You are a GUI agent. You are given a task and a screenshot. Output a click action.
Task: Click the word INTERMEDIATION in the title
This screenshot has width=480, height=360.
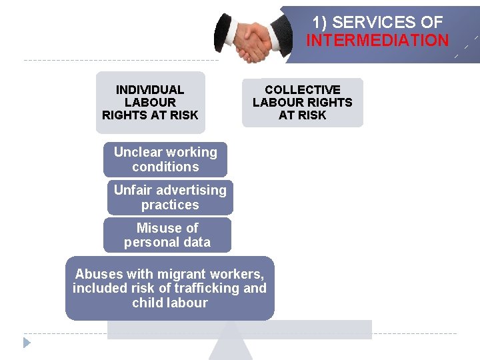click(377, 40)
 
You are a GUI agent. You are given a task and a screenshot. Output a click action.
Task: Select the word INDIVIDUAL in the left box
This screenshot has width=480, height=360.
click(150, 89)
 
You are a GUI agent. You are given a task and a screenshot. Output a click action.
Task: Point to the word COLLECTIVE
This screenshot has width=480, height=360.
click(303, 89)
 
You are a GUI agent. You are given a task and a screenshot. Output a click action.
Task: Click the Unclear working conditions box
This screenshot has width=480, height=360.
click(165, 159)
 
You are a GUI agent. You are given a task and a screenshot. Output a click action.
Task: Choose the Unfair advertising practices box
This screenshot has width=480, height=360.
click(170, 197)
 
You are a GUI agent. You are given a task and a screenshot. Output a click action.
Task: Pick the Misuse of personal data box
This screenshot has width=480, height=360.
click(167, 235)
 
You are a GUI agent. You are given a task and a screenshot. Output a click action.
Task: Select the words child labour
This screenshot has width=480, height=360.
click(170, 303)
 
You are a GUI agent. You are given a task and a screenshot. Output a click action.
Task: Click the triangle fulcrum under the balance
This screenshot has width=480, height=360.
click(231, 343)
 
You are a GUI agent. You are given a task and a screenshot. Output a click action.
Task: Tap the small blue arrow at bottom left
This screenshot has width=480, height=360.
click(27, 343)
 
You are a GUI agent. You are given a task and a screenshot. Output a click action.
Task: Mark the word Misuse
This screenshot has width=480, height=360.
click(158, 227)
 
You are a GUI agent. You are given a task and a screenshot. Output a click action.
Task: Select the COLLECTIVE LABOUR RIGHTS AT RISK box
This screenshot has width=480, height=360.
click(303, 102)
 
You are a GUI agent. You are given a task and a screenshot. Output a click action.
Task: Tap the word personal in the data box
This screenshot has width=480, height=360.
click(151, 242)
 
